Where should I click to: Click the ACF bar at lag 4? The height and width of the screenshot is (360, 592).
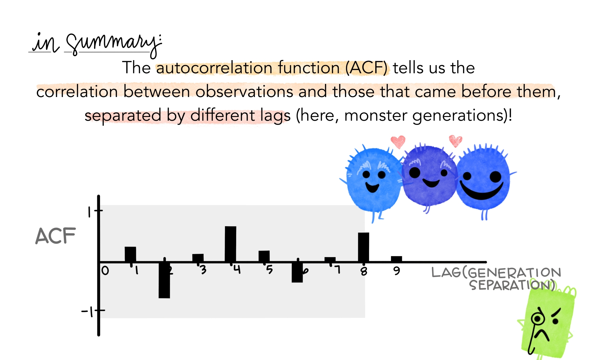pyautogui.click(x=231, y=244)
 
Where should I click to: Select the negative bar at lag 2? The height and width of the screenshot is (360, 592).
pyautogui.click(x=164, y=280)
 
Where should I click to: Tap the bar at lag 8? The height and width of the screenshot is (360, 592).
pyautogui.click(x=363, y=247)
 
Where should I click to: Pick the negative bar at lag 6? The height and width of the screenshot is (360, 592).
pyautogui.click(x=297, y=273)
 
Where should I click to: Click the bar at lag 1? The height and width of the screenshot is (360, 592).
pyautogui.click(x=130, y=254)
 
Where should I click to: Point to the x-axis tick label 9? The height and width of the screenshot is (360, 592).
pyautogui.click(x=397, y=271)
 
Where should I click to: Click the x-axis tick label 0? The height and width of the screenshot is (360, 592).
pyautogui.click(x=105, y=271)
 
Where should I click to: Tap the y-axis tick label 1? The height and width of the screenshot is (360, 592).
pyautogui.click(x=89, y=212)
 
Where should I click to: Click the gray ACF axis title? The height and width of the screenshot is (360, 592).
pyautogui.click(x=55, y=236)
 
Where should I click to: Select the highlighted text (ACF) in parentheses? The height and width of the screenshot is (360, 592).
pyautogui.click(x=366, y=68)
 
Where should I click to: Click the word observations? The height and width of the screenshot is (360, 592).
pyautogui.click(x=244, y=91)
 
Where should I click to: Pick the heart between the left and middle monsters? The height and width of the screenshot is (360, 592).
pyautogui.click(x=398, y=142)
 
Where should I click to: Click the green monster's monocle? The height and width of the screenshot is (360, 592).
pyautogui.click(x=537, y=318)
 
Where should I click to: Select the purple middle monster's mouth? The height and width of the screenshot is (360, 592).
pyautogui.click(x=431, y=182)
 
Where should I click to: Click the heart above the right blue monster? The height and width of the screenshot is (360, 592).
pyautogui.click(x=456, y=141)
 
